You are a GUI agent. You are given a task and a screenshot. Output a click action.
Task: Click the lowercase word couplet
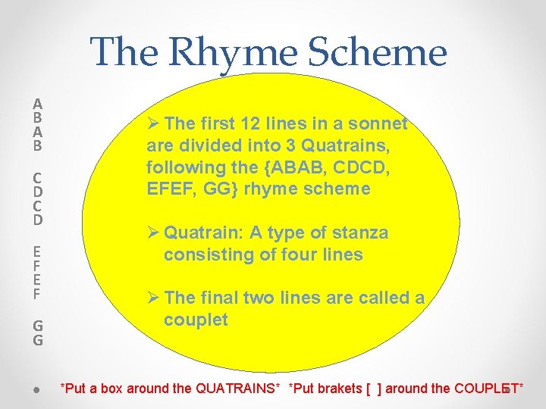click(x=196, y=320)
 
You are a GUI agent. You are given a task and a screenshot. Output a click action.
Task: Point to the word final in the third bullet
click(x=221, y=298)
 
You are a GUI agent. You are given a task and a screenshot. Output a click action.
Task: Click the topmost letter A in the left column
click(x=37, y=104)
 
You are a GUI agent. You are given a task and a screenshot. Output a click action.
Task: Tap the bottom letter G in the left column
click(x=37, y=340)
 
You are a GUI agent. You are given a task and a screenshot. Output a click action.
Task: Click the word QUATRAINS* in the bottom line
click(x=237, y=389)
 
